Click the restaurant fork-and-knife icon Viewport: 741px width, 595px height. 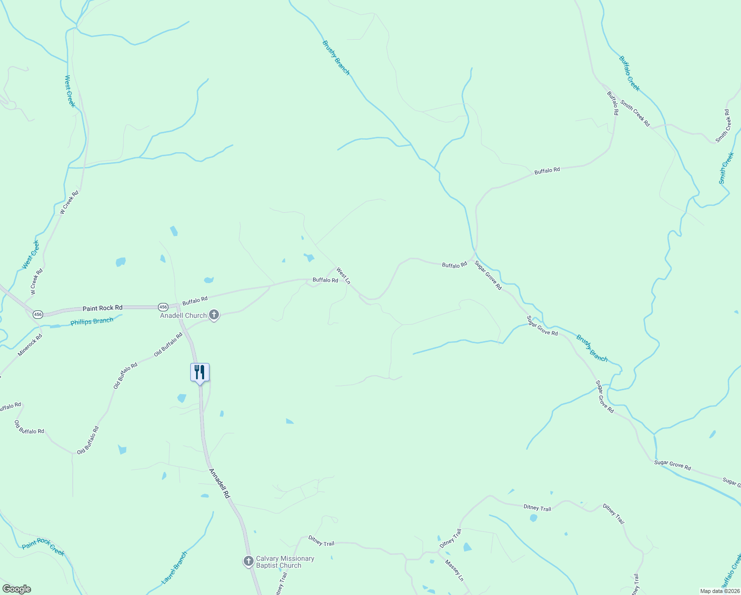[x=200, y=372]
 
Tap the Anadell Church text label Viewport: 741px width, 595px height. [x=183, y=315]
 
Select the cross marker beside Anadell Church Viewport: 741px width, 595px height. [x=214, y=315]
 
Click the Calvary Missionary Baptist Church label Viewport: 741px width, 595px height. [x=285, y=562]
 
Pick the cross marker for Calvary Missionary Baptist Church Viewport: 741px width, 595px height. [x=248, y=561]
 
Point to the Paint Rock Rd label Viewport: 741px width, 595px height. [x=103, y=308]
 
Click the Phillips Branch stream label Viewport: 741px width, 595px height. [x=92, y=321]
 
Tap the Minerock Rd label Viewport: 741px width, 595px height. [x=30, y=345]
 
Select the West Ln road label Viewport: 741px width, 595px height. [x=343, y=276]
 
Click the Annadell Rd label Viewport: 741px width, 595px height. [x=219, y=483]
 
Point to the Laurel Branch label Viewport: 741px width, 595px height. [x=174, y=567]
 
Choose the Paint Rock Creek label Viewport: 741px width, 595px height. [x=43, y=546]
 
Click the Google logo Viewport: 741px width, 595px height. [x=17, y=589]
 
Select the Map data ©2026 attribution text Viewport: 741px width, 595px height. [x=720, y=591]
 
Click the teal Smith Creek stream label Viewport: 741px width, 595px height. [x=727, y=168]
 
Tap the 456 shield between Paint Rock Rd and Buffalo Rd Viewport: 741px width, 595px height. [x=163, y=306]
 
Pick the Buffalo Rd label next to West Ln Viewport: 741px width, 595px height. [x=325, y=280]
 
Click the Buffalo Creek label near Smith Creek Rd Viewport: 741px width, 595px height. [x=629, y=73]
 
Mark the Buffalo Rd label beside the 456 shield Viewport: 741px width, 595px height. [x=195, y=300]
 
